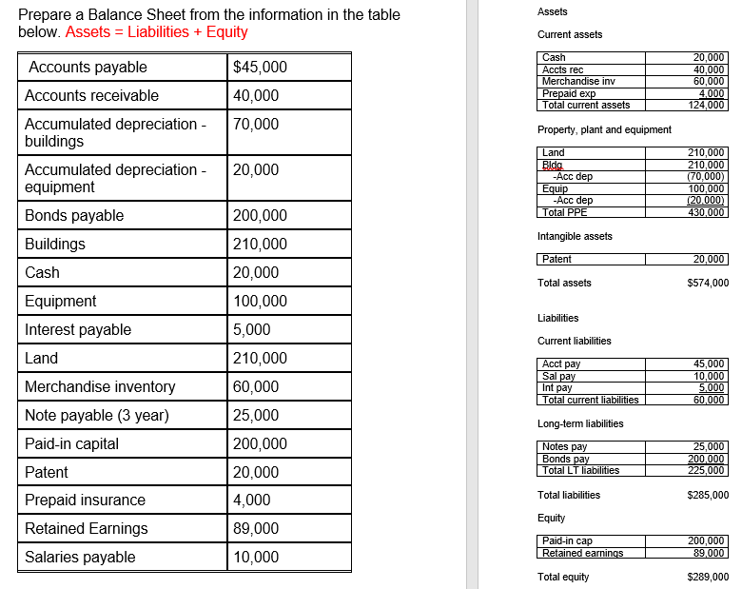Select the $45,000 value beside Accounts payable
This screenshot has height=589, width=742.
pyautogui.click(x=260, y=68)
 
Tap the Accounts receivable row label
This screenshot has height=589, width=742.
pyautogui.click(x=91, y=96)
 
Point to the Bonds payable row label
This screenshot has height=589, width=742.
pyautogui.click(x=74, y=216)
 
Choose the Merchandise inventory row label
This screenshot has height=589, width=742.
pyautogui.click(x=100, y=387)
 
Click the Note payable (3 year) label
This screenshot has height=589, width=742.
pyautogui.click(x=97, y=416)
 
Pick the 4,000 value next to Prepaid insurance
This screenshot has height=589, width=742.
pyautogui.click(x=252, y=501)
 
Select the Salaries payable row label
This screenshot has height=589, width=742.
pyautogui.click(x=80, y=558)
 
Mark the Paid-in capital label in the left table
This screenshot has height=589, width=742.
pyautogui.click(x=72, y=444)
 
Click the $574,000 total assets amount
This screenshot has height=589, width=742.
pyautogui.click(x=708, y=283)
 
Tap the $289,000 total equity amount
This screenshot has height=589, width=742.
pyautogui.click(x=708, y=577)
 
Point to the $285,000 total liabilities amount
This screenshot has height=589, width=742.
pyautogui.click(x=708, y=495)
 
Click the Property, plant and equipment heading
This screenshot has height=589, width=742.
pyautogui.click(x=604, y=129)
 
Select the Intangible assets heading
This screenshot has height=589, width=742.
pyautogui.click(x=575, y=236)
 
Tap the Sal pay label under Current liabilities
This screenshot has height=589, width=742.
pyautogui.click(x=558, y=376)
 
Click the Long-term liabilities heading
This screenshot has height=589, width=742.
pyautogui.click(x=580, y=423)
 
